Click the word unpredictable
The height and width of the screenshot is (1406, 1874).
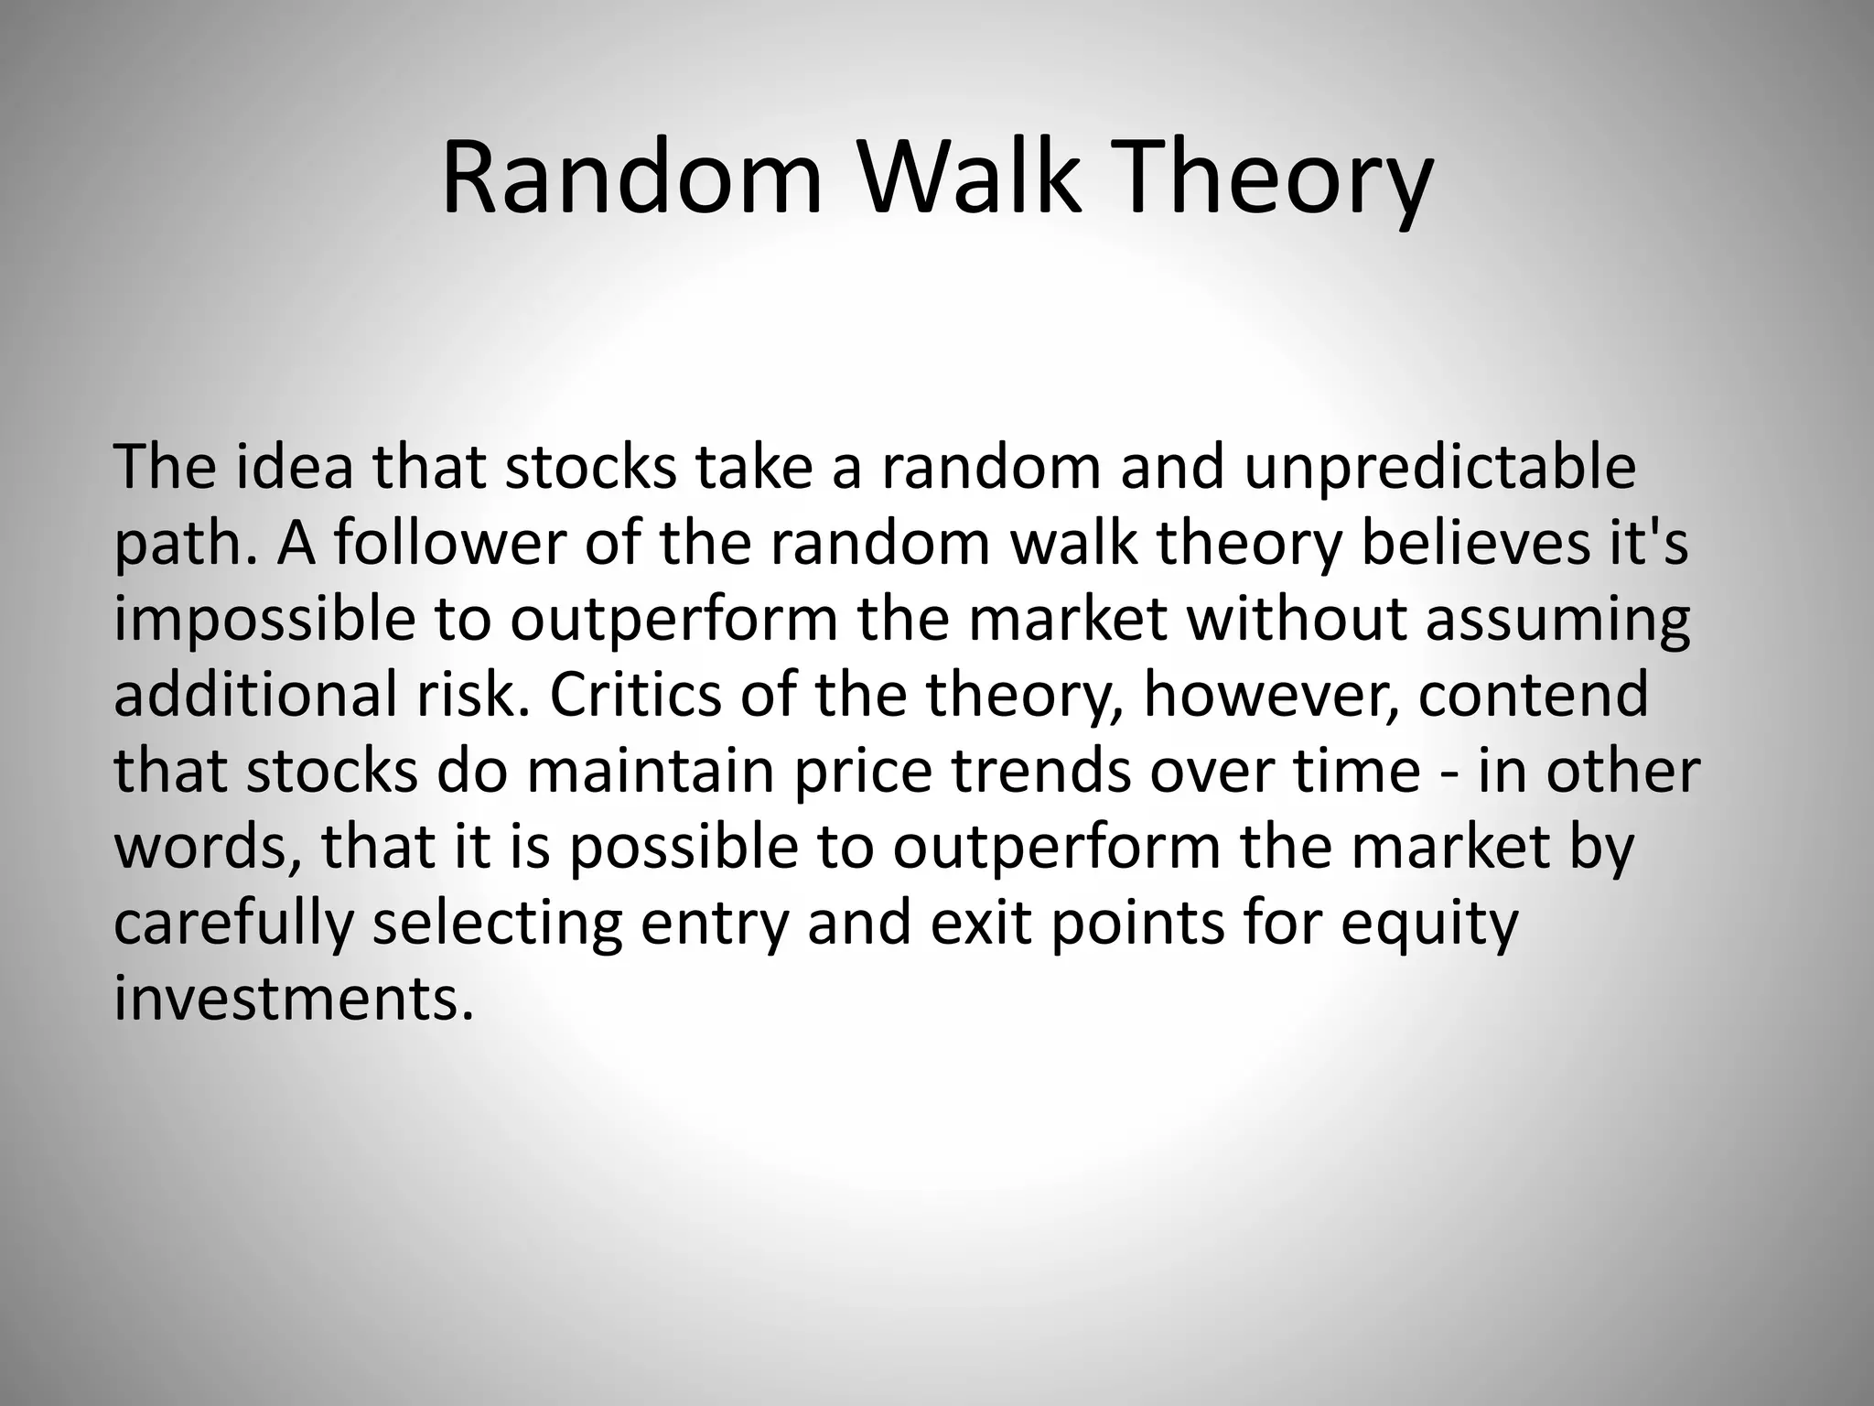[x=1439, y=468]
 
